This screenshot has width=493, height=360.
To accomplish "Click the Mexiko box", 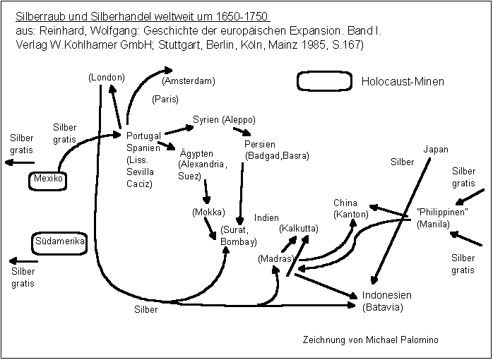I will point(48,180).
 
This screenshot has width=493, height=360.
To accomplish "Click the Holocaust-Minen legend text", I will point(403,82).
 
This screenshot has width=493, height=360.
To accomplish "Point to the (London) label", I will point(107,77).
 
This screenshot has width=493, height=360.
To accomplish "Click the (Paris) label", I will point(165,100).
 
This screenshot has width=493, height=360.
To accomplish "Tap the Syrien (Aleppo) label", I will point(224,119).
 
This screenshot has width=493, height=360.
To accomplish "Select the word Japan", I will point(436,150).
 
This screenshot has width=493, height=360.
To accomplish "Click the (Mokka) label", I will point(208,212).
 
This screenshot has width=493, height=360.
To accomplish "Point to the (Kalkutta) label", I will point(299,229).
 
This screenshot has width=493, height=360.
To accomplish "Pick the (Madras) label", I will point(275,259).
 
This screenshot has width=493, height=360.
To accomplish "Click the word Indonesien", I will point(386,295).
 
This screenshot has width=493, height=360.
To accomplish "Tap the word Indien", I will point(266,218).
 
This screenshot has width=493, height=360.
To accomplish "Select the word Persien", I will point(260,144).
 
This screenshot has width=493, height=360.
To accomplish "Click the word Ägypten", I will point(196,153).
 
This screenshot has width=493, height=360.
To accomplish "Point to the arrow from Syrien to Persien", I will point(242,132).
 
